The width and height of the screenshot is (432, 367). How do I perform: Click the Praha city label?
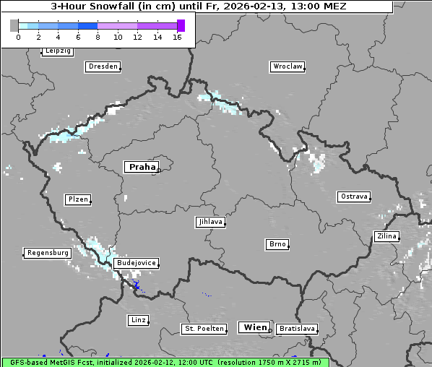[142, 167]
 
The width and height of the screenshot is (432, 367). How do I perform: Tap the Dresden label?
[102, 66]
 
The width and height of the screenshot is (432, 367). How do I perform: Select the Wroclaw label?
[287, 66]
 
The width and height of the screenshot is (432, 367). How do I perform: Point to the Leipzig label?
[57, 51]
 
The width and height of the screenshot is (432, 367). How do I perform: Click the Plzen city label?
[78, 199]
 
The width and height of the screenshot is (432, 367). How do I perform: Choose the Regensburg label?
[48, 253]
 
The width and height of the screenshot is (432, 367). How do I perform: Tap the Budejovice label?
[136, 263]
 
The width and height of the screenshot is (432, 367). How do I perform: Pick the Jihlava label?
[210, 222]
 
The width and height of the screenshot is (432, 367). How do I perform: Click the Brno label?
[277, 244]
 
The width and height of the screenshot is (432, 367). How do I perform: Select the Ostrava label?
[354, 197]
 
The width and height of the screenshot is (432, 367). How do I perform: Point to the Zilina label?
[386, 236]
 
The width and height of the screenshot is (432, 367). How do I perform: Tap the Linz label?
[138, 319]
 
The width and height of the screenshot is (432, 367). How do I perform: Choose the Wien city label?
[255, 327]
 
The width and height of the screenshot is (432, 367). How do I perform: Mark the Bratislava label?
[297, 329]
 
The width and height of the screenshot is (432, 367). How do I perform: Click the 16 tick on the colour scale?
[177, 37]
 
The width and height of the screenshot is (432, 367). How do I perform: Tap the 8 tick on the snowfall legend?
[98, 37]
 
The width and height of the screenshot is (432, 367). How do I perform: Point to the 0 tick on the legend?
[18, 37]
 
